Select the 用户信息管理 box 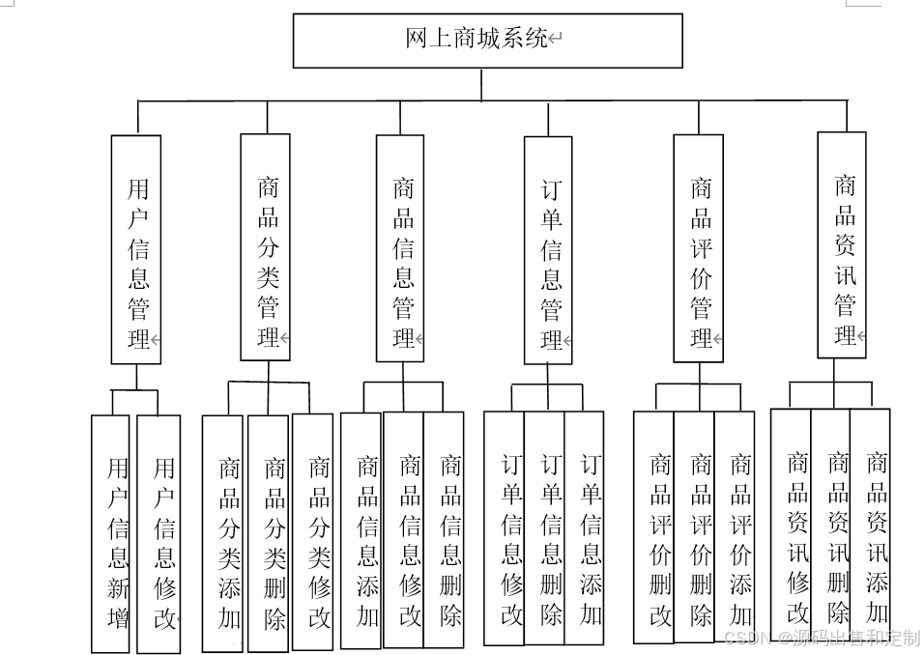pos(136,249)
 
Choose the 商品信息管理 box pos(400,248)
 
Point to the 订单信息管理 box pos(548,250)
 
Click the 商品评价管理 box pos(698,248)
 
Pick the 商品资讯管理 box pos(842,244)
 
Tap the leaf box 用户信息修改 pos(159,533)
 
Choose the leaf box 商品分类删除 pos(269,533)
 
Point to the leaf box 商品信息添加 pos(362,530)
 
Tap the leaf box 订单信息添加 pos(585,528)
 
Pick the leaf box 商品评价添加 pos(736,528)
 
